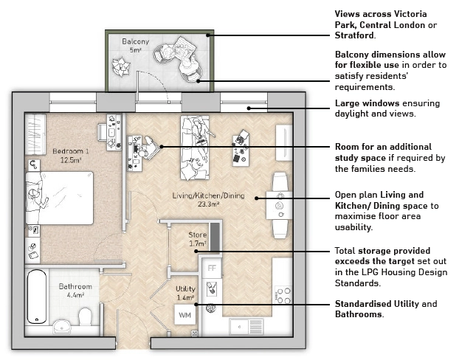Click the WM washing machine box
coord(185,315)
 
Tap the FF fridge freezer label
coord(212,268)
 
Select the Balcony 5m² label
coord(136,45)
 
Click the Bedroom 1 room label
coord(71,151)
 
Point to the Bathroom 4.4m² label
coord(75,291)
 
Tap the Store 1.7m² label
coord(198,239)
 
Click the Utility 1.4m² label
coord(185,294)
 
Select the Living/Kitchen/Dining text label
coord(208,195)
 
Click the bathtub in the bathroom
coord(37,297)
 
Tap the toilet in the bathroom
coord(85,316)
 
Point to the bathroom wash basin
coord(62,327)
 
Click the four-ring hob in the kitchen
coord(283,295)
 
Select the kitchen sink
coord(246,327)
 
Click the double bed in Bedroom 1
coord(60,198)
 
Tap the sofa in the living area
coord(195,148)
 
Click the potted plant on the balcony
coord(120,66)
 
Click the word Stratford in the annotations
coord(354,35)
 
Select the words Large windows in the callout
coord(367,103)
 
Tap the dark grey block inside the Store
coord(215,237)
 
